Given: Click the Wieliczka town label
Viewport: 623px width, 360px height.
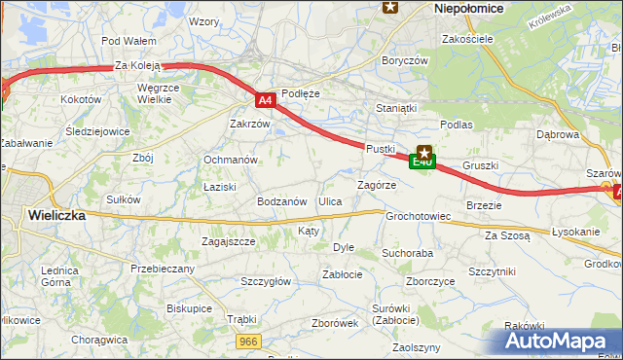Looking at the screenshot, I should point(56,215).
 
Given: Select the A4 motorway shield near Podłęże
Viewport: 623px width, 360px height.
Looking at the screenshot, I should point(266,99).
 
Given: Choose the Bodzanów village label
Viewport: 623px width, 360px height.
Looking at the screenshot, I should point(282,201).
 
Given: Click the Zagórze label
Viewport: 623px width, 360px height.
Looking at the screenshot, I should point(377,185).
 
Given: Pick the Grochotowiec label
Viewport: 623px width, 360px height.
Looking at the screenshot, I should point(418,216).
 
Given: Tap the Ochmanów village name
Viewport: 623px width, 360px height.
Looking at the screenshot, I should point(230,160).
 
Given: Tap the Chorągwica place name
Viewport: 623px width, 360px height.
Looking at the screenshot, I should point(99,341).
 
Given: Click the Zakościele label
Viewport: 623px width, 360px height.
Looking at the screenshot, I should point(468,39).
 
